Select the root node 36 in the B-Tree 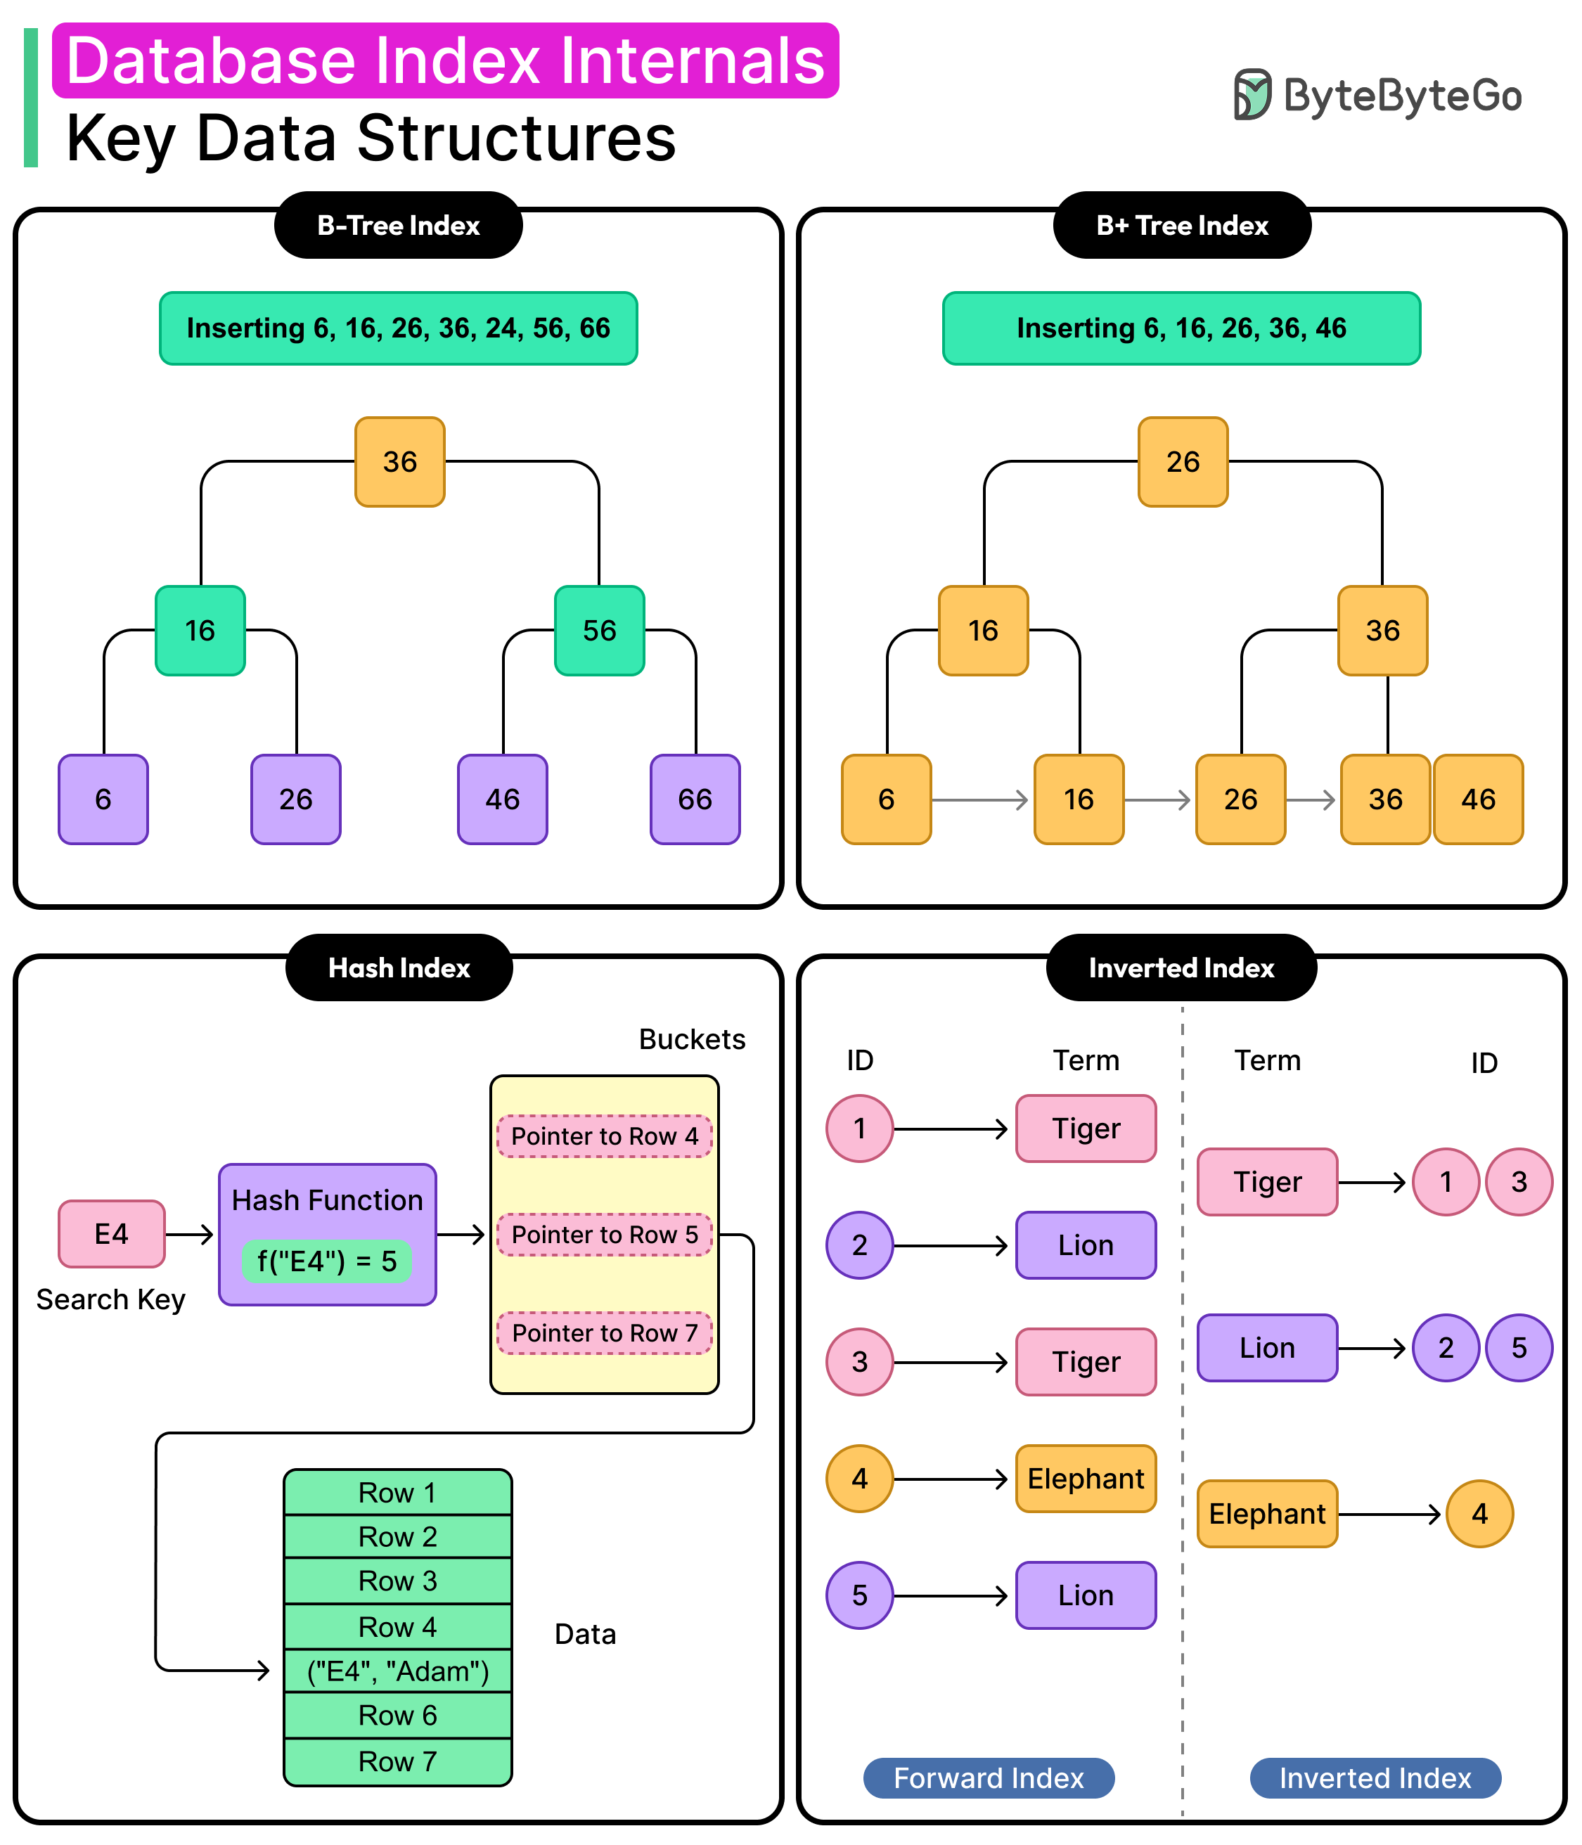(400, 461)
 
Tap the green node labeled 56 (599, 631)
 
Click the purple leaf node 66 (695, 799)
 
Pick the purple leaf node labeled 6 (103, 799)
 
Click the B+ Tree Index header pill (1181, 225)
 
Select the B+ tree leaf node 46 (1478, 799)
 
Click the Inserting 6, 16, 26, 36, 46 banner (1181, 328)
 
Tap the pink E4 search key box (111, 1233)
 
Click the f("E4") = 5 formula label (327, 1261)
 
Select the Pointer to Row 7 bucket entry (605, 1332)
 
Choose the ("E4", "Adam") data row (398, 1671)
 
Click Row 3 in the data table (398, 1581)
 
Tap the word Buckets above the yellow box (692, 1039)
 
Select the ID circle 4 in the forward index (859, 1478)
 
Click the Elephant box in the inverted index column (1267, 1514)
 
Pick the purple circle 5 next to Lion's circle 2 (1519, 1347)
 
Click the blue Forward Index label (988, 1777)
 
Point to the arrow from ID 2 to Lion (951, 1245)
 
